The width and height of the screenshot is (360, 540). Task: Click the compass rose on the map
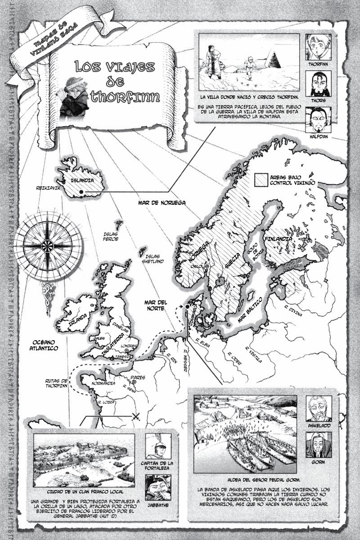47,246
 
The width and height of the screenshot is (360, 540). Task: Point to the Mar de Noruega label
162,203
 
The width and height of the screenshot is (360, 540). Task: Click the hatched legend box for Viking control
261,180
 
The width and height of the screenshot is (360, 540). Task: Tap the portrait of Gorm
318,445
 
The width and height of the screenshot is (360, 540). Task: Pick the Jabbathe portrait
158,488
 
